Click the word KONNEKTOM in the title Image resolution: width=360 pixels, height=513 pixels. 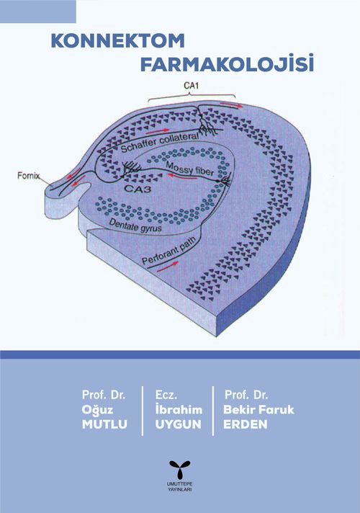(x=118, y=41)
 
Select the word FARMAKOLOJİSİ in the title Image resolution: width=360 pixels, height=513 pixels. (x=228, y=63)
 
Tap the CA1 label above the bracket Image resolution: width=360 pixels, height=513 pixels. (x=192, y=86)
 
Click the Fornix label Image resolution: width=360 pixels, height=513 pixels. (x=29, y=176)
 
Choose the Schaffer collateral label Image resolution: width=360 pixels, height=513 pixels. (x=160, y=143)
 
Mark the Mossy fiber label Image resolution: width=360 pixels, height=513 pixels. (x=189, y=169)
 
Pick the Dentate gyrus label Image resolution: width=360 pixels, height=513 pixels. (x=135, y=225)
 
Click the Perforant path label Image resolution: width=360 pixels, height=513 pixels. (x=169, y=250)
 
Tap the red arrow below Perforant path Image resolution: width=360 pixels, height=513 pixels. (x=168, y=267)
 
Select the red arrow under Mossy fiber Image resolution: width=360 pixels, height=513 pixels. (x=181, y=177)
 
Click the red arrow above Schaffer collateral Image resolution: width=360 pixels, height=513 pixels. (x=157, y=132)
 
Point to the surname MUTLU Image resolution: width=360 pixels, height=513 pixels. (x=104, y=424)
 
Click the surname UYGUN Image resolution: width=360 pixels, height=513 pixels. (x=179, y=424)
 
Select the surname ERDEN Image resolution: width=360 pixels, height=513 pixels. (x=246, y=424)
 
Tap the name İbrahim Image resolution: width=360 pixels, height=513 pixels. (x=179, y=409)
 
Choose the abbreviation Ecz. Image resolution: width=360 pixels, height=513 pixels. (x=166, y=395)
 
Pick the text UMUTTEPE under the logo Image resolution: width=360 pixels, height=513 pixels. (x=179, y=484)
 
